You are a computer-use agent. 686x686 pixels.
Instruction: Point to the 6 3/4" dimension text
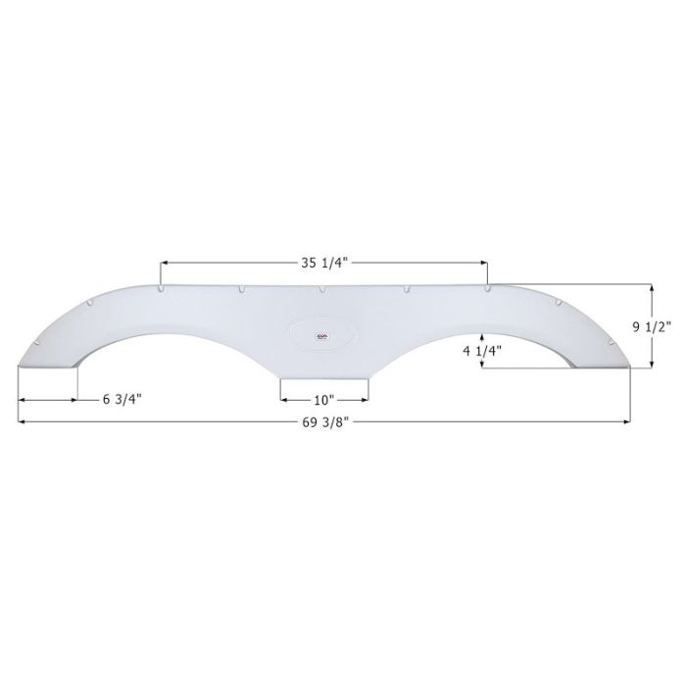(x=122, y=399)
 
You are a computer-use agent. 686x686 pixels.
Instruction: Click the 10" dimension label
(x=324, y=399)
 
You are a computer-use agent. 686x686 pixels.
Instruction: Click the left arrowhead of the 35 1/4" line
(x=165, y=262)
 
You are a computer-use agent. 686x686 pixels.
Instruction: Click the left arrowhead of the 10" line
(x=284, y=400)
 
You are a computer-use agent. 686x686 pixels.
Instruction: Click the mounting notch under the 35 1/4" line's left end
(x=161, y=289)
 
